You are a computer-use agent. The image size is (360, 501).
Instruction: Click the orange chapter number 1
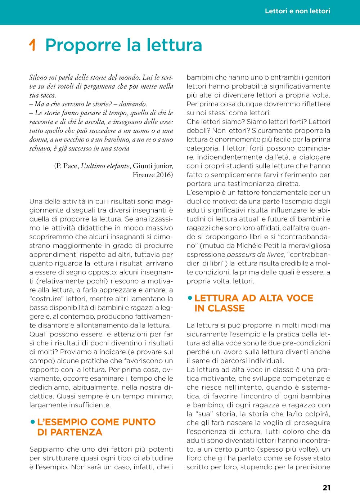click(32, 45)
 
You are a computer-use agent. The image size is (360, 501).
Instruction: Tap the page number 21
click(326, 488)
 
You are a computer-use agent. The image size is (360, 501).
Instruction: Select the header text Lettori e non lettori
click(297, 11)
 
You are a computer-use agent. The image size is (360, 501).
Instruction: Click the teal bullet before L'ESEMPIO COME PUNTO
click(33, 421)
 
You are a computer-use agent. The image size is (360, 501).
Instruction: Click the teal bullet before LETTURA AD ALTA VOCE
click(190, 298)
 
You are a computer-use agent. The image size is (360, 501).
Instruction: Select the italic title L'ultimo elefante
click(105, 166)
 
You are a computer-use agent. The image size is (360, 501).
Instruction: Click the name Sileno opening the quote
click(38, 77)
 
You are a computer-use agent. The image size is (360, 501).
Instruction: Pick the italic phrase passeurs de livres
click(255, 255)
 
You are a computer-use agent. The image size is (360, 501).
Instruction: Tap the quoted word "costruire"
click(44, 299)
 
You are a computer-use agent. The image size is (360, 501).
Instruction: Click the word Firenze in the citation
click(143, 175)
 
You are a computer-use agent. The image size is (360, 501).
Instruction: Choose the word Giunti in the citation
click(143, 166)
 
